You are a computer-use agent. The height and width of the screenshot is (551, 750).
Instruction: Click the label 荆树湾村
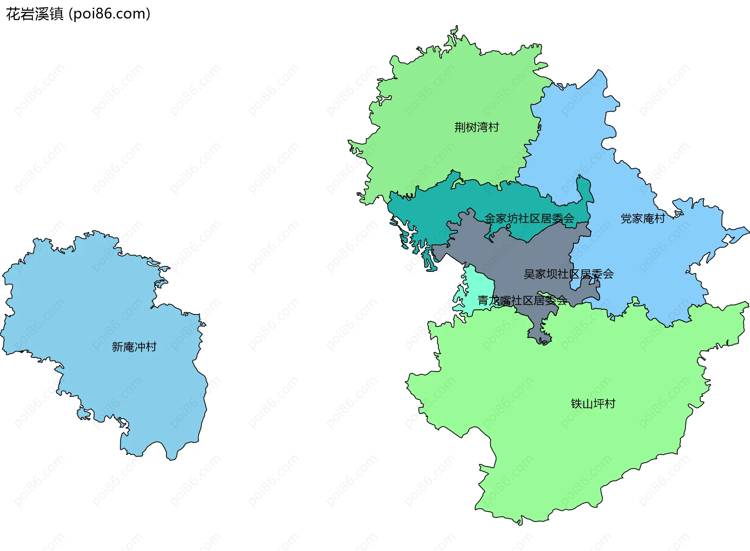tap(476, 127)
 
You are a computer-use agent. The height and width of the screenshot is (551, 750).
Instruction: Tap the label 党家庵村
tap(643, 219)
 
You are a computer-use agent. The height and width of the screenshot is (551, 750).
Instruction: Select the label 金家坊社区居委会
tap(529, 218)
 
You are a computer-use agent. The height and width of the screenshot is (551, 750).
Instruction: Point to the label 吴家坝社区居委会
tap(568, 274)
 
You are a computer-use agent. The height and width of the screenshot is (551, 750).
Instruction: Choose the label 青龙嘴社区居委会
tap(522, 301)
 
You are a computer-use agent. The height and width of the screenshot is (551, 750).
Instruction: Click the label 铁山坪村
tap(593, 404)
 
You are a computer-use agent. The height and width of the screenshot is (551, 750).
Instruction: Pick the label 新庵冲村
tap(134, 347)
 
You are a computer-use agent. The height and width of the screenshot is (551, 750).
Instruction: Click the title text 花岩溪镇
tap(34, 14)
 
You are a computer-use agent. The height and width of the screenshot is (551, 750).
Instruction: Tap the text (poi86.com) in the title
tap(109, 14)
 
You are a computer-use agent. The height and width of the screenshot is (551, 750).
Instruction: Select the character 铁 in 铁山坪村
tap(576, 404)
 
